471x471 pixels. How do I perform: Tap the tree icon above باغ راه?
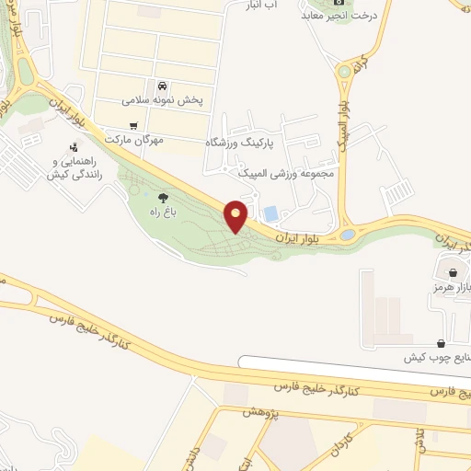point(163,197)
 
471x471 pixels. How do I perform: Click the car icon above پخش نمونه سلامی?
point(163,84)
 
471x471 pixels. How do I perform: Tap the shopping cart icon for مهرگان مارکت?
point(134,125)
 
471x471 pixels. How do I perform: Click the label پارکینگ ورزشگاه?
point(249,143)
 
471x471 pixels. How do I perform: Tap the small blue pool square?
point(270,213)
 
